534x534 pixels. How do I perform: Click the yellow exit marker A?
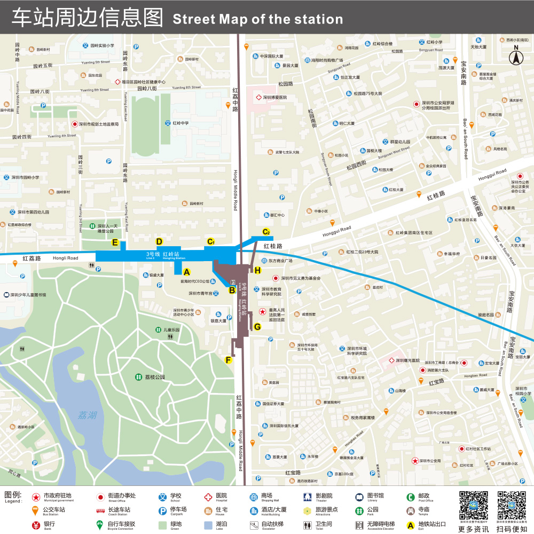pyautogui.click(x=186, y=272)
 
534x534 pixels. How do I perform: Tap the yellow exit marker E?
pyautogui.click(x=114, y=242)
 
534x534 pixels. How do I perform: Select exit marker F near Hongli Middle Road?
pyautogui.click(x=229, y=360)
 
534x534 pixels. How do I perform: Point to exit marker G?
pyautogui.click(x=257, y=327)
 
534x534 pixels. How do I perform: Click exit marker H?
pyautogui.click(x=257, y=271)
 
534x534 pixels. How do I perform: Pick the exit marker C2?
pyautogui.click(x=266, y=232)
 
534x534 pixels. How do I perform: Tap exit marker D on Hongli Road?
pyautogui.click(x=159, y=241)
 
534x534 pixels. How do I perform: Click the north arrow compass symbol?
pyautogui.click(x=516, y=55)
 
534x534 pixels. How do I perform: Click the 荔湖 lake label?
pyautogui.click(x=88, y=414)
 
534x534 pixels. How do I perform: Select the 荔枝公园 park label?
pyautogui.click(x=155, y=377)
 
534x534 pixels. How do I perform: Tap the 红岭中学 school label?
pyautogui.click(x=180, y=123)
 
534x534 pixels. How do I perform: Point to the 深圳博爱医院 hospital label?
pyautogui.click(x=274, y=97)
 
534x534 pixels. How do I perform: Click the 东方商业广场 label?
pyautogui.click(x=281, y=261)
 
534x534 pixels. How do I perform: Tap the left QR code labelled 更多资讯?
pyautogui.click(x=474, y=506)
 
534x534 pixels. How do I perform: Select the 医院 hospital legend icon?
pyautogui.click(x=208, y=497)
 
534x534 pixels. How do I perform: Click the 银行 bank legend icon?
pyautogui.click(x=36, y=524)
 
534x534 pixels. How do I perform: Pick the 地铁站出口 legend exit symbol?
pyautogui.click(x=410, y=524)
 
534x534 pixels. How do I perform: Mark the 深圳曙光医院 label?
pyautogui.click(x=408, y=360)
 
